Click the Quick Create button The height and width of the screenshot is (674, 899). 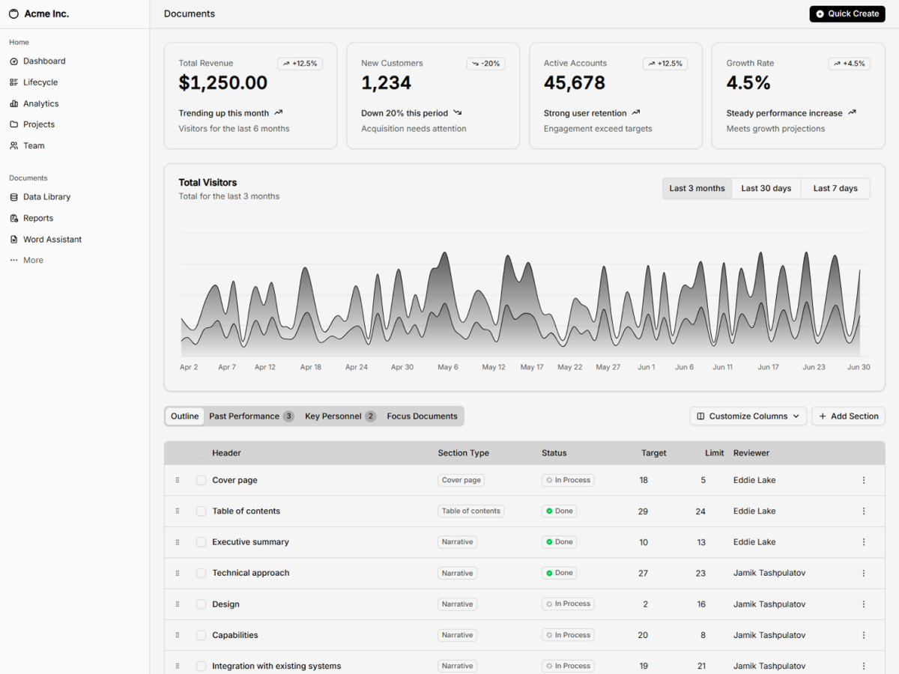pos(847,13)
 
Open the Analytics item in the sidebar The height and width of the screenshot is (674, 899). pos(40,103)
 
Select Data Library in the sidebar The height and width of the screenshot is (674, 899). pos(46,197)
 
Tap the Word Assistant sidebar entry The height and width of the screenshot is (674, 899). pos(52,240)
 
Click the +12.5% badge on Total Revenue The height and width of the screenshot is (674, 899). pos(300,64)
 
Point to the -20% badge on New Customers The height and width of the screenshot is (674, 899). pos(485,64)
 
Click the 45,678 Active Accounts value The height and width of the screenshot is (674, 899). pos(575,83)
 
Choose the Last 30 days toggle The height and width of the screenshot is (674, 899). pos(766,188)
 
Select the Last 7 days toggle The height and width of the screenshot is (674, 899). pos(835,188)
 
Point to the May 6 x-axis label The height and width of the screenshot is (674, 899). pos(448,367)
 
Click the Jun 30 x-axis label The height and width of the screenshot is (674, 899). pos(859,367)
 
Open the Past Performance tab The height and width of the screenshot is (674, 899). pos(250,416)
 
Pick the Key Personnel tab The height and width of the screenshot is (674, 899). pos(339,416)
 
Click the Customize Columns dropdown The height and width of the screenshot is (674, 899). pos(748,416)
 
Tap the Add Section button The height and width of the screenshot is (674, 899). pos(848,416)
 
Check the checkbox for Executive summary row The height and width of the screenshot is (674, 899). pos(201,542)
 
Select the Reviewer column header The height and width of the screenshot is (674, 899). pos(751,453)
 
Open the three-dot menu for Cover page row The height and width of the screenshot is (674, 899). pos(864,480)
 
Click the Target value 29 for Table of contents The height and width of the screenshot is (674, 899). pos(643,511)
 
